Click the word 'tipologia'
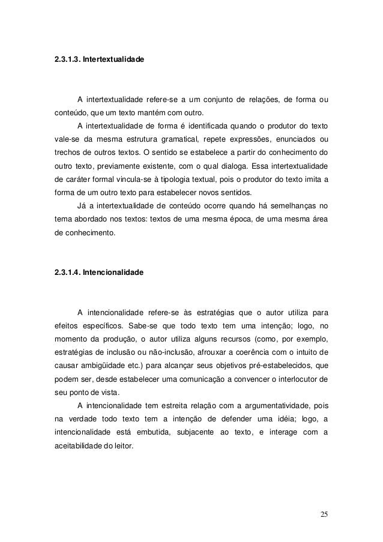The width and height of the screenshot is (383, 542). [x=203, y=179]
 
